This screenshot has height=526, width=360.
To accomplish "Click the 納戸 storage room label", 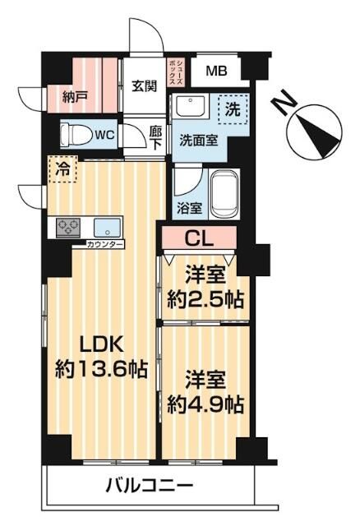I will pos(75,97).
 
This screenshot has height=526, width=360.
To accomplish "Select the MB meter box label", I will pos(217,72).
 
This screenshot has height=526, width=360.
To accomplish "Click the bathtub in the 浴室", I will pos(224,196).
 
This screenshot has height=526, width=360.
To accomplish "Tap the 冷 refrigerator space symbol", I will pos(62,170).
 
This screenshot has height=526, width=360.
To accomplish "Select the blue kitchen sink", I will pos(106,227).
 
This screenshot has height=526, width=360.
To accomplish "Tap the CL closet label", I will pos(201,239).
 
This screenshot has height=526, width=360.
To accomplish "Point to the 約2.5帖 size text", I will pos(206,298).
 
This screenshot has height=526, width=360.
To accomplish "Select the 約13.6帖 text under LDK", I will pos(100,369).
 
